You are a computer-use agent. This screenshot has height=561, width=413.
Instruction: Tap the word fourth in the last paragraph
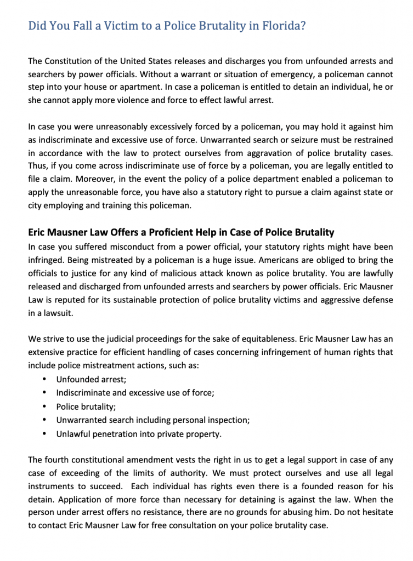[x=58, y=459]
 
